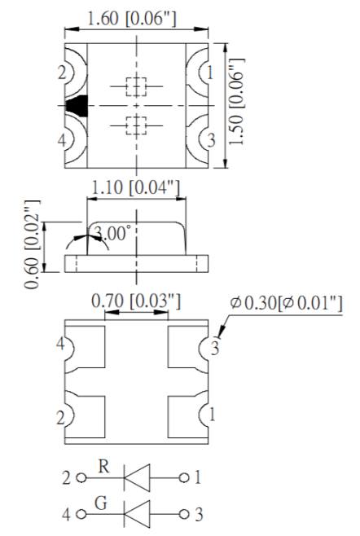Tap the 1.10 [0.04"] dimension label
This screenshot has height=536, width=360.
click(136, 188)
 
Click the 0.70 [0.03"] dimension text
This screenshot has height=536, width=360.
click(136, 301)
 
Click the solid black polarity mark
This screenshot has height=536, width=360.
click(77, 106)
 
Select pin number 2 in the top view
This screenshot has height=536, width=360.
click(62, 73)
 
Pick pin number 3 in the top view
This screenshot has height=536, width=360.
click(210, 140)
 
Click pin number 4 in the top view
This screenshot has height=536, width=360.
click(62, 140)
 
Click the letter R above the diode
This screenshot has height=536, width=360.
click(103, 466)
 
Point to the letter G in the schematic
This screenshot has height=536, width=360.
click(103, 503)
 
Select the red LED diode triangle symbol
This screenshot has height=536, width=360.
click(134, 477)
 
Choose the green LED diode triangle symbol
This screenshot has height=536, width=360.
click(134, 514)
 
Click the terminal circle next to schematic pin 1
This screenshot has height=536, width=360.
click(187, 477)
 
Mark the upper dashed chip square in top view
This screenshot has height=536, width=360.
click(136, 86)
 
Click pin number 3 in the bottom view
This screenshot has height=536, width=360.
click(215, 349)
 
